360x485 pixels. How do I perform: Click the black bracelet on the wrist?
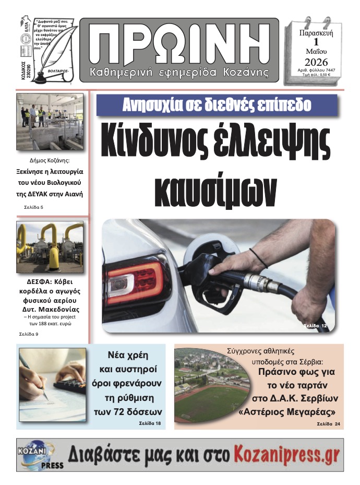point(258,257)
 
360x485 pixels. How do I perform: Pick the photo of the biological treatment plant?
point(50,122)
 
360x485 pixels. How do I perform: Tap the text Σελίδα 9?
point(29,333)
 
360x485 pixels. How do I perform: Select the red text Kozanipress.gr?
point(286,454)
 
